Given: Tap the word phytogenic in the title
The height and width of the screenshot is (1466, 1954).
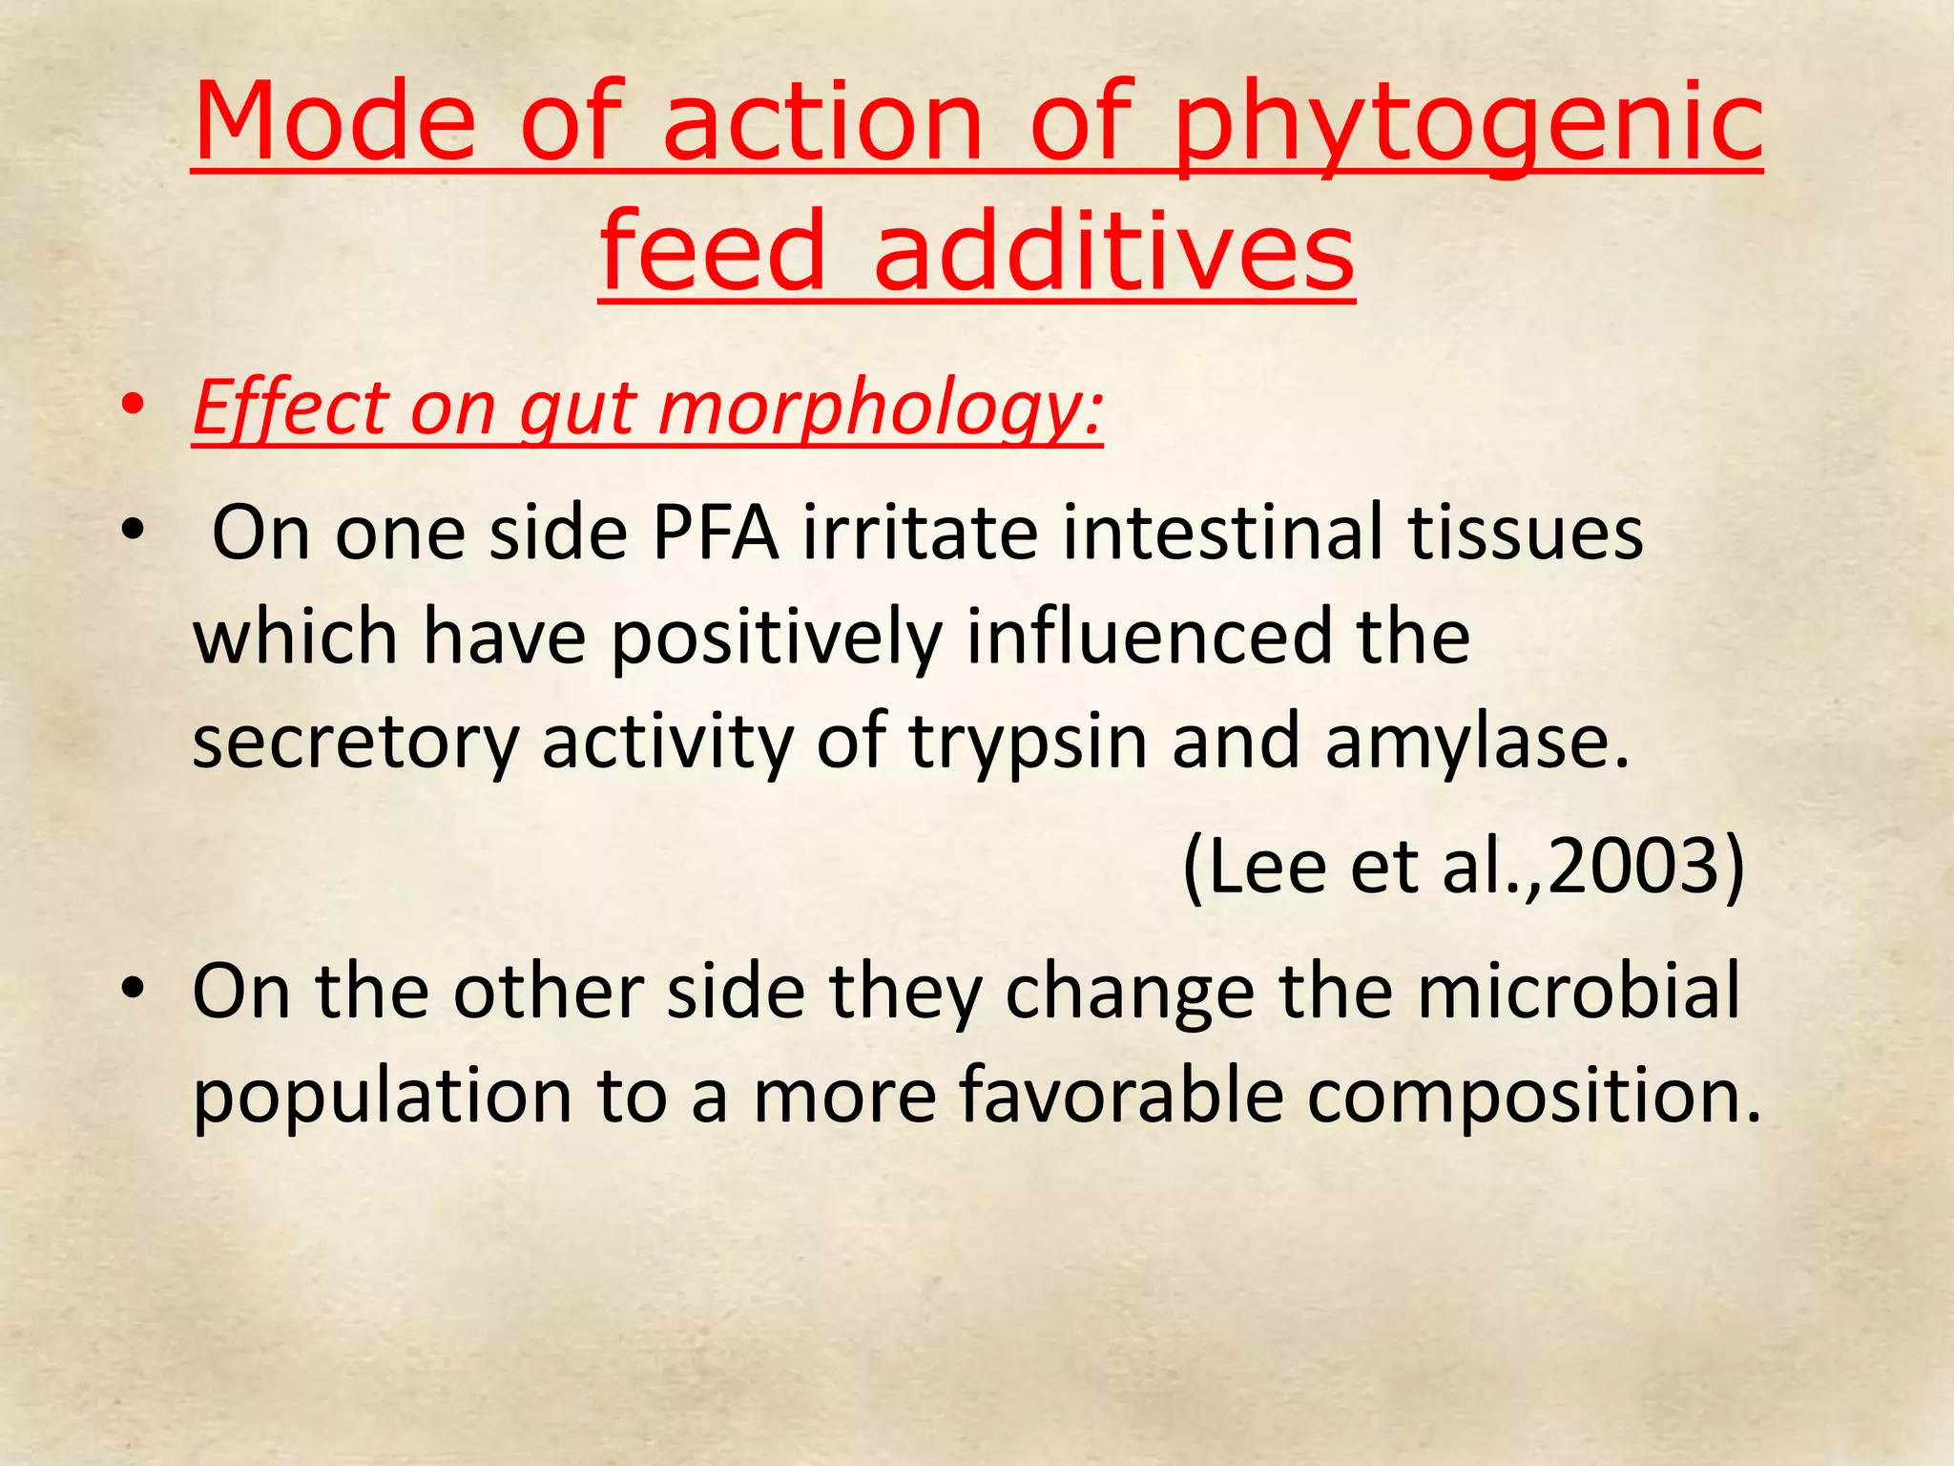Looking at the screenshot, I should point(1467,124).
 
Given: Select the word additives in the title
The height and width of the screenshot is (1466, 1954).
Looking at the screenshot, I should point(1113,249).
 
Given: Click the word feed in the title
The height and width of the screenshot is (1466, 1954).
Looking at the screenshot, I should point(712,249).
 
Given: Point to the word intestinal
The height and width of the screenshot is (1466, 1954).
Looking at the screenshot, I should point(1222,533).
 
